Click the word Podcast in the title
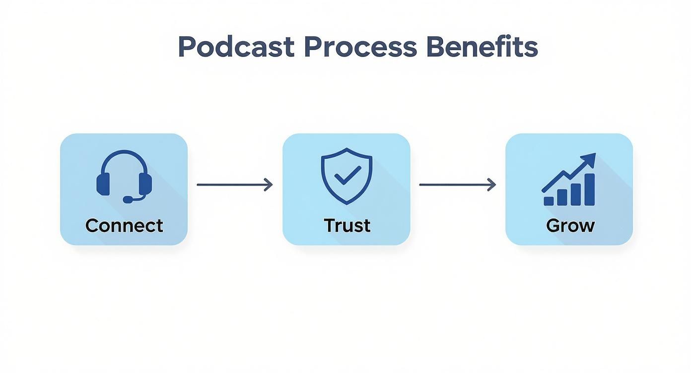coord(236,48)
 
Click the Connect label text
coord(124,226)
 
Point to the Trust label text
coord(347,226)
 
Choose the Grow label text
coord(570,226)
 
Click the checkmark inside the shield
coord(347,174)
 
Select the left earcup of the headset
coord(103,183)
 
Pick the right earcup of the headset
coord(145,183)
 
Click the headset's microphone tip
coord(128,199)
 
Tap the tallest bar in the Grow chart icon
coord(589,189)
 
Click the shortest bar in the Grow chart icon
coord(549,200)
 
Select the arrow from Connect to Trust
coord(234,185)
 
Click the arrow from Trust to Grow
coord(457,185)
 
